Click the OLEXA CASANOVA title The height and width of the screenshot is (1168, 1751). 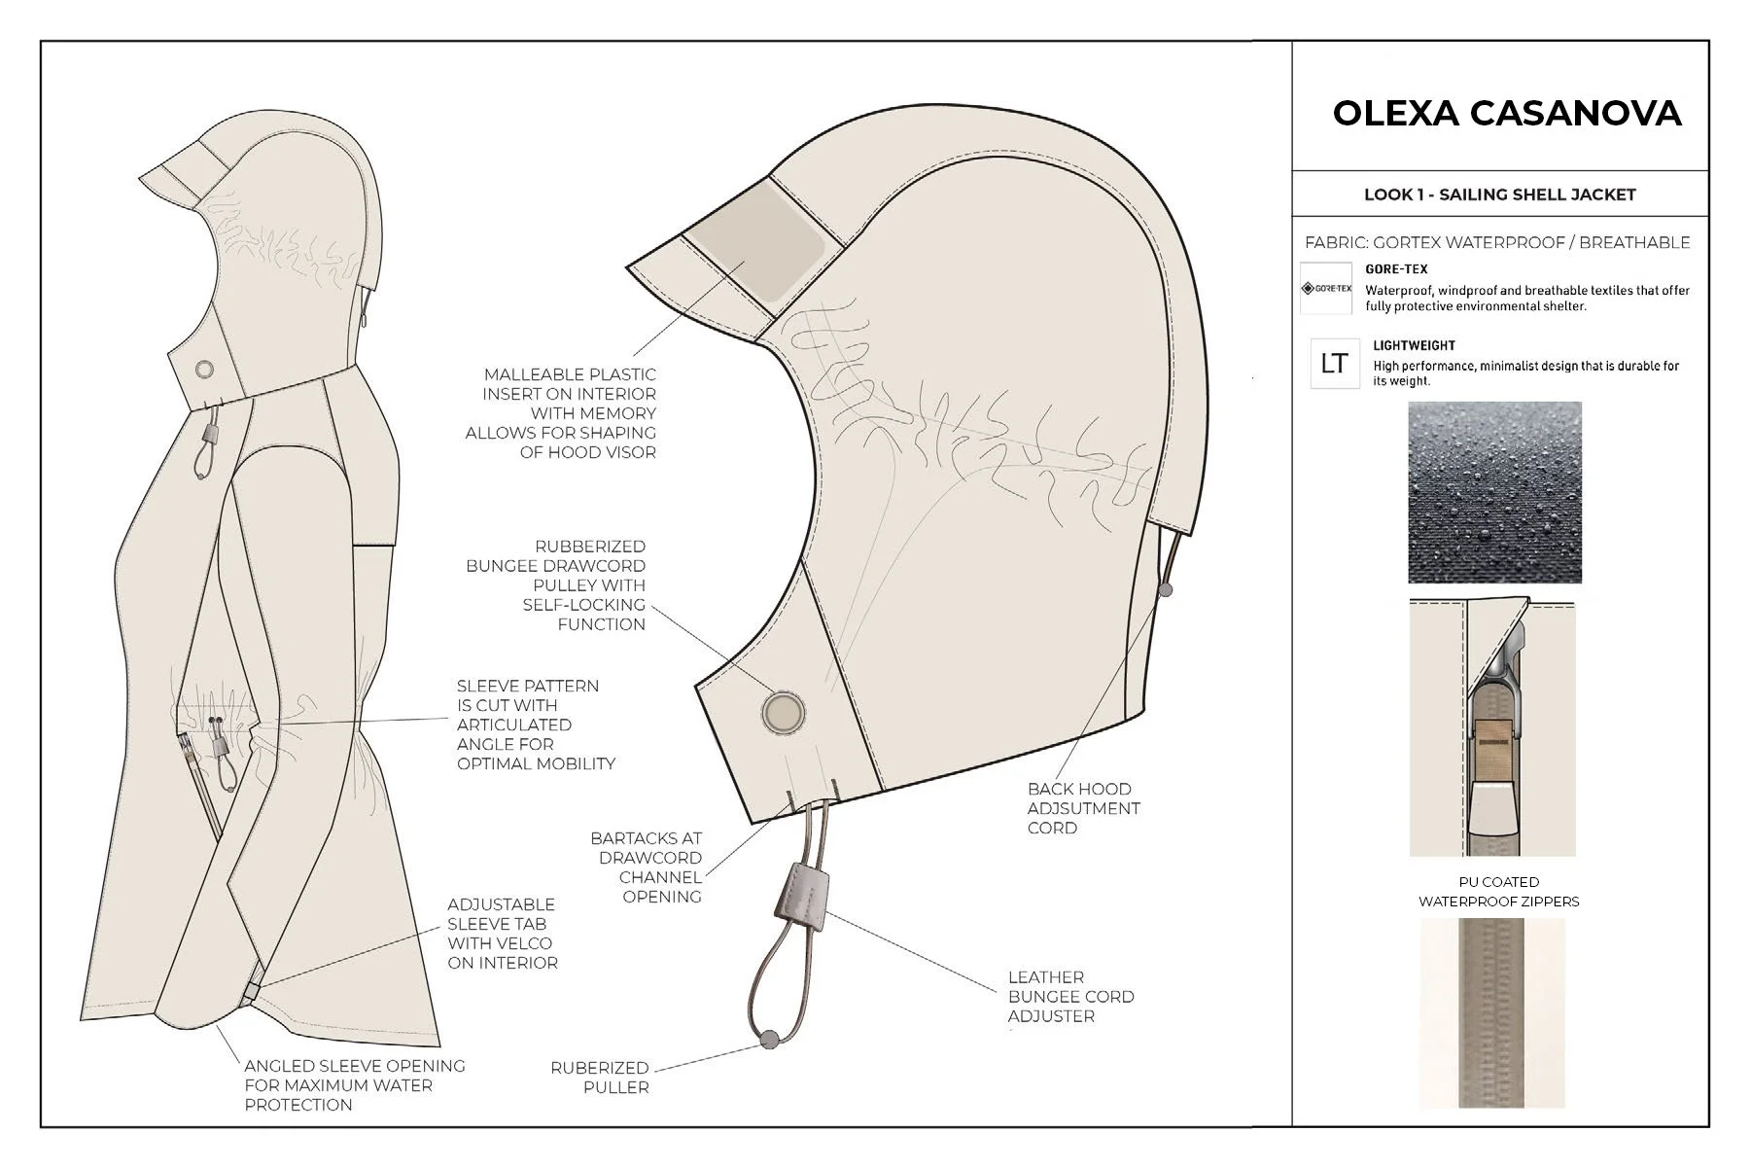click(x=1506, y=113)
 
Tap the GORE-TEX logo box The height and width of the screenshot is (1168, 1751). click(x=1326, y=288)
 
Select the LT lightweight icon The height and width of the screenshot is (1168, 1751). click(x=1334, y=364)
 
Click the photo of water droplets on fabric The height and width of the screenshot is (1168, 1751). click(x=1494, y=492)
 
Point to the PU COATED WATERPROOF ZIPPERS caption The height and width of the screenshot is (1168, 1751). click(x=1498, y=892)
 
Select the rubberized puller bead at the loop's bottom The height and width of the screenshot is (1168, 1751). click(x=768, y=1039)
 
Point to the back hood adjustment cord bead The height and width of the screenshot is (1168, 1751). click(x=1166, y=588)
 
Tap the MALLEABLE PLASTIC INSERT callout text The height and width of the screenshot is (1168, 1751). click(x=562, y=413)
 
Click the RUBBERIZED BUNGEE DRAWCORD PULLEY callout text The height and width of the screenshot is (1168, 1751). click(x=556, y=585)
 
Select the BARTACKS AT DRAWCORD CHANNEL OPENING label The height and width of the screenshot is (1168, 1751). click(x=647, y=867)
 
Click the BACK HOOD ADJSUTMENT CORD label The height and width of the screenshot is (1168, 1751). click(x=1083, y=808)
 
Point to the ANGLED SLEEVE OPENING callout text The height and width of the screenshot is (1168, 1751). click(x=354, y=1085)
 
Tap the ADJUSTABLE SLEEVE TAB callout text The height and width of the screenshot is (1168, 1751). click(x=502, y=934)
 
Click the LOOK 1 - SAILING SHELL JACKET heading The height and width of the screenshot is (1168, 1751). click(x=1499, y=195)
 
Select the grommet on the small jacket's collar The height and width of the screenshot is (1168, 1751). click(x=204, y=370)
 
